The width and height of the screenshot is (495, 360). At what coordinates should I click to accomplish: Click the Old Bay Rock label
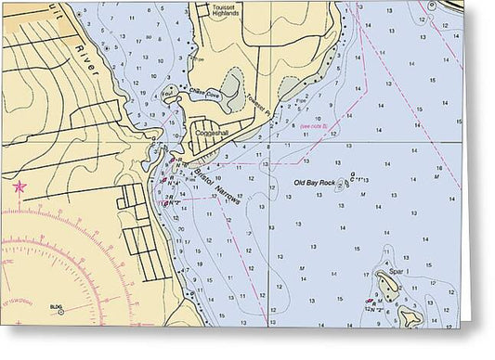[314, 183]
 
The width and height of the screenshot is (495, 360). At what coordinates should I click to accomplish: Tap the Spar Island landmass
[388, 284]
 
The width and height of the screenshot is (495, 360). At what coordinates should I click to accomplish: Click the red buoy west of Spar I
[370, 302]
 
